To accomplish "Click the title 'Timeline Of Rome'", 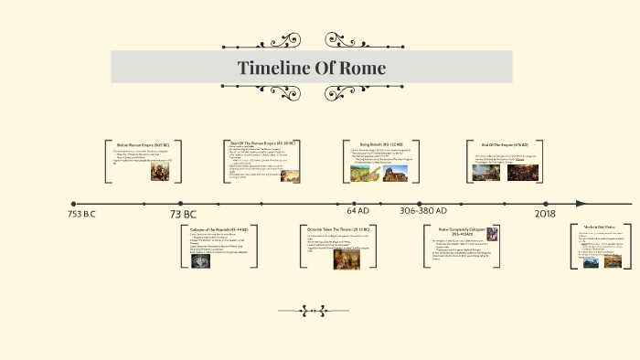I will [312, 69].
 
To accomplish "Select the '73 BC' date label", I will [183, 214].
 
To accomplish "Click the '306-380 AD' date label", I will [423, 212].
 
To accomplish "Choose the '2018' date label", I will [545, 213].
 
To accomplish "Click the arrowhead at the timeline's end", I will [583, 204].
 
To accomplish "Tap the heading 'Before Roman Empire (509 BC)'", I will [150, 144].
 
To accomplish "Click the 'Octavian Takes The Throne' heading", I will [336, 228].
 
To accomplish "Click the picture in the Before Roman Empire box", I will [160, 170].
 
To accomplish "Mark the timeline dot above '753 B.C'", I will [73, 204].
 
